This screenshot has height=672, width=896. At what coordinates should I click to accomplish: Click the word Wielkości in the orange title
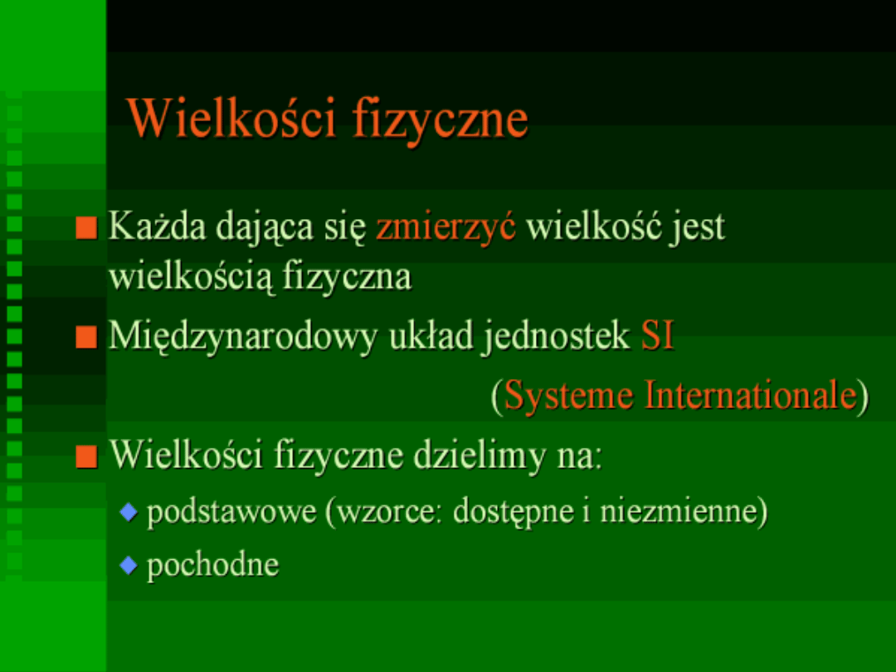click(231, 118)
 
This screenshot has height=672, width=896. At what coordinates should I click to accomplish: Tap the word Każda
click(157, 226)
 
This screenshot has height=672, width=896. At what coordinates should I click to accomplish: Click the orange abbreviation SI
click(658, 335)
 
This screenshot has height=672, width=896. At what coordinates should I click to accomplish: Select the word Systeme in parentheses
click(568, 396)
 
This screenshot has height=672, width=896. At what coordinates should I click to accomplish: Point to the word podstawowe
click(231, 511)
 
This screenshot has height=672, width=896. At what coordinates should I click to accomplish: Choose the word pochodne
click(212, 566)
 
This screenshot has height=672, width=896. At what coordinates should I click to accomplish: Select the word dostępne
click(514, 512)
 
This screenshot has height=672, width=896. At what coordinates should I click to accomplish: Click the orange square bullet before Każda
click(86, 228)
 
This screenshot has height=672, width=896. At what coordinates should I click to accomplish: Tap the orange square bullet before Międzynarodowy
click(86, 337)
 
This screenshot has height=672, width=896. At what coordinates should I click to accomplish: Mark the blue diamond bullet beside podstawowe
click(129, 511)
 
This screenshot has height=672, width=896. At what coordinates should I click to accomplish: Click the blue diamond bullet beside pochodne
click(129, 566)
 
